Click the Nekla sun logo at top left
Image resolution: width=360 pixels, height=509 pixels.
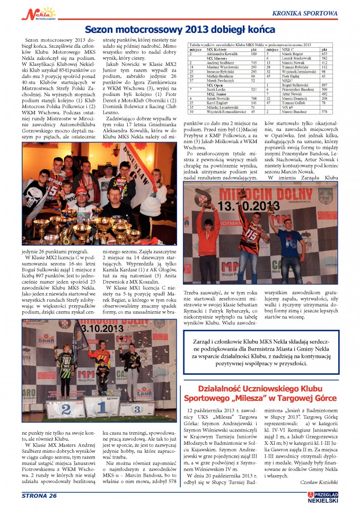[37, 13]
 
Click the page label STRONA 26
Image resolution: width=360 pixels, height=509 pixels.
[39, 495]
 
